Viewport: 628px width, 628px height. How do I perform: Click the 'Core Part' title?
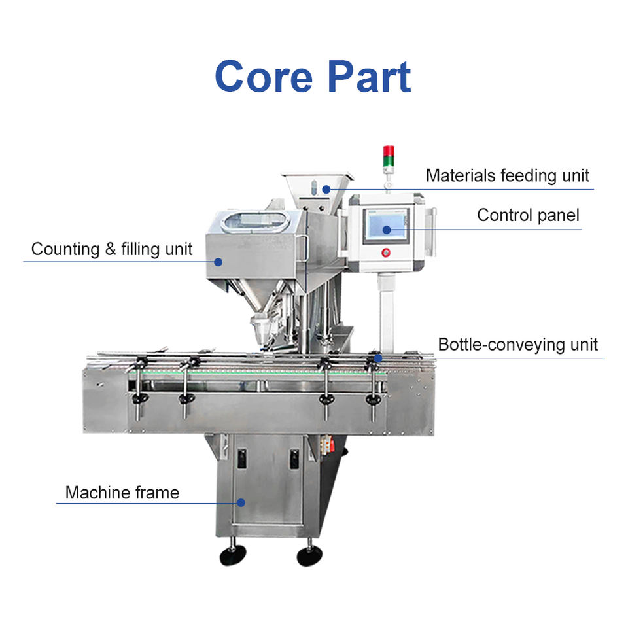313,77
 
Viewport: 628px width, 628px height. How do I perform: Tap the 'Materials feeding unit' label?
507,175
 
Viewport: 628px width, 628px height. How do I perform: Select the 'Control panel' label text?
528,215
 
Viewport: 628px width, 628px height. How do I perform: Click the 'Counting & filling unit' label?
112,249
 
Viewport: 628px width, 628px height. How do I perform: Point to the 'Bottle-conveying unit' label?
517,344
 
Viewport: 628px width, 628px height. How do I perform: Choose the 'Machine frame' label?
122,492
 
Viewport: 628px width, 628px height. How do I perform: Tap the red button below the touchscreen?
385,253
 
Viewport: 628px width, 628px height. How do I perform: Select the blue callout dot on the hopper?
325,189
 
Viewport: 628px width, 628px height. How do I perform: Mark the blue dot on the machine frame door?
241,502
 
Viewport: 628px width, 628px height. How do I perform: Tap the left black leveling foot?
232,555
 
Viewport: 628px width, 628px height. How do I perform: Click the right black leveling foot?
309,555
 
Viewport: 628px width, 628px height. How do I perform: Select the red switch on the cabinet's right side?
332,445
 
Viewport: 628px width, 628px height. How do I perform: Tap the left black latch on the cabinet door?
241,458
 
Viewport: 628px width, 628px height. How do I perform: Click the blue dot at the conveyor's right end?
378,357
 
